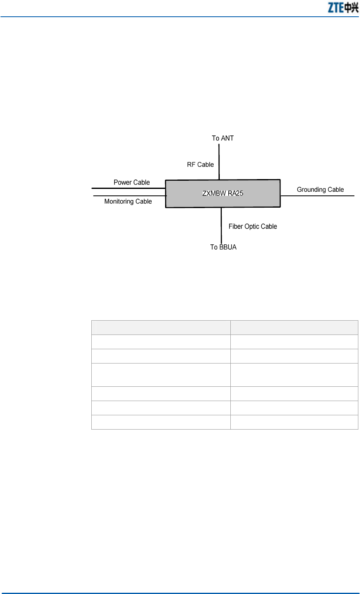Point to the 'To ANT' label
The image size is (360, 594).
pos(223,138)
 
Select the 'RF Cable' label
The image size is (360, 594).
pos(200,164)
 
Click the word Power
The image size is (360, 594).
pos(123,182)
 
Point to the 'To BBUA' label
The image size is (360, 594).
pos(223,247)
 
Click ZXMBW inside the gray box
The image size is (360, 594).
pos(214,193)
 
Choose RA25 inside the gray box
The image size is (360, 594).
pos(235,193)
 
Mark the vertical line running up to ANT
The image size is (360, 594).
pos(219,161)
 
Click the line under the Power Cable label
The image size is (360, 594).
pos(128,188)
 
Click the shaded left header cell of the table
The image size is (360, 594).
pos(161,328)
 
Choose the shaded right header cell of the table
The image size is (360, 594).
pos(294,328)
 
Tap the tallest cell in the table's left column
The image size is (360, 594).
pos(161,375)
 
